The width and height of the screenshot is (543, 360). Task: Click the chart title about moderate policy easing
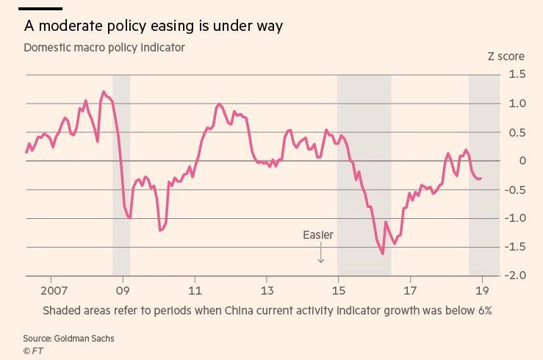(x=153, y=26)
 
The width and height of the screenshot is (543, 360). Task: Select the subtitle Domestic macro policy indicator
(x=104, y=48)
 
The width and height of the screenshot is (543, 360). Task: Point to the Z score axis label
(x=506, y=57)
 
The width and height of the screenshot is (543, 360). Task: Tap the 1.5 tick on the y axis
(x=517, y=74)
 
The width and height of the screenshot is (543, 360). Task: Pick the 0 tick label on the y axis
(x=522, y=161)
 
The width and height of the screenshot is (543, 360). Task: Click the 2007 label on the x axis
(x=51, y=289)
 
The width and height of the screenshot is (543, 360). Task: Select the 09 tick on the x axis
(x=122, y=289)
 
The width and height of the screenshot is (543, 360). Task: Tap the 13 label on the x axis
(x=267, y=289)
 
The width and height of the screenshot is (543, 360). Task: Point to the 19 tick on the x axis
(x=482, y=289)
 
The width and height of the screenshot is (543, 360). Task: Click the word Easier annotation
(x=318, y=235)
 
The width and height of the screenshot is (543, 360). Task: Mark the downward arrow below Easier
(x=321, y=253)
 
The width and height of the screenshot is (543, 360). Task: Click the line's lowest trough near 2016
(x=383, y=253)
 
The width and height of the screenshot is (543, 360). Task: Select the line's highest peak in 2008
(x=103, y=92)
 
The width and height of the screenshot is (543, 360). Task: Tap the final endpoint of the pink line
(x=481, y=178)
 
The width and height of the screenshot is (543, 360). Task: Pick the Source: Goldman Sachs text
(x=68, y=339)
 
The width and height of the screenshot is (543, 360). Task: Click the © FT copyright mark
(x=33, y=351)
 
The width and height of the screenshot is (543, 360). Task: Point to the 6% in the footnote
(x=484, y=311)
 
